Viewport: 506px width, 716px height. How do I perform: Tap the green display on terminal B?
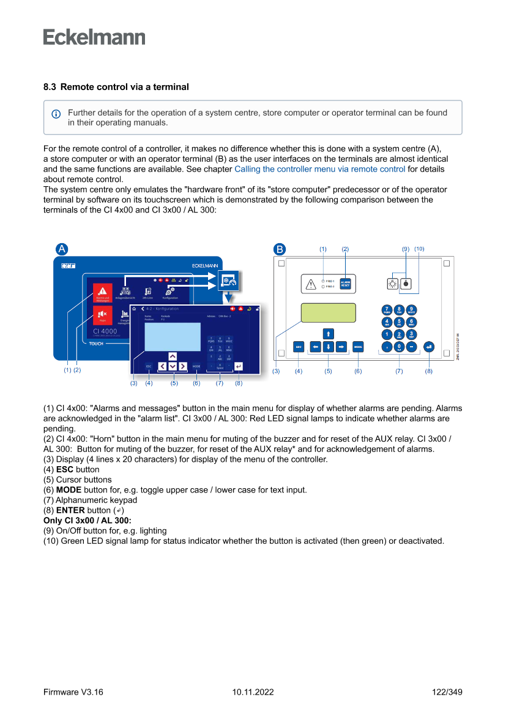point(328,312)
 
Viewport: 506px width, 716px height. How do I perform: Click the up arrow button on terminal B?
point(329,334)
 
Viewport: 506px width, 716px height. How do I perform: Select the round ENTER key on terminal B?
point(428,346)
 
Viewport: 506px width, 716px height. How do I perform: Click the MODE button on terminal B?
point(358,346)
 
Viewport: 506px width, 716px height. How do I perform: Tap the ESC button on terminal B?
point(299,346)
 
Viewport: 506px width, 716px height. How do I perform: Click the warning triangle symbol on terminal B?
point(311,284)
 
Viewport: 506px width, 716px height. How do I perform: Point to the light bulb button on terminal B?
point(393,284)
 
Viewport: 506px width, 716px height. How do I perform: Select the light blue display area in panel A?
point(173,336)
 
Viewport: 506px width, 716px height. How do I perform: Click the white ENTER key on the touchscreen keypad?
point(238,366)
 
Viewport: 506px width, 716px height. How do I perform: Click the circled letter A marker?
point(61,249)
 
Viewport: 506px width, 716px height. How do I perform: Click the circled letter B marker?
point(279,249)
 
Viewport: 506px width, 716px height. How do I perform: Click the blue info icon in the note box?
point(56,113)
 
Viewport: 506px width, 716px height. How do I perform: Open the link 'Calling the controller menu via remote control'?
point(319,169)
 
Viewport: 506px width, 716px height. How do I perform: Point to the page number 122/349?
point(447,692)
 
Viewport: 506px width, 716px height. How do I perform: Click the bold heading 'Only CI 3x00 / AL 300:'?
point(87,520)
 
